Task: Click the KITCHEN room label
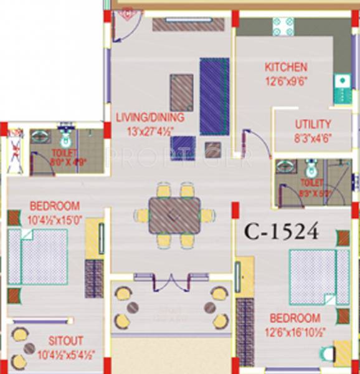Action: [286, 67]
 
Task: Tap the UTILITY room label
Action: [313, 124]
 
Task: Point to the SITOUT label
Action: [67, 341]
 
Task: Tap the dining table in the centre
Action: [175, 215]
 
